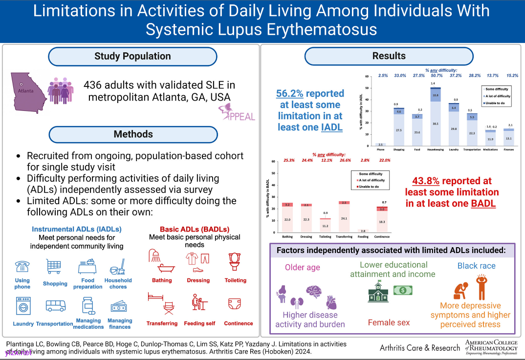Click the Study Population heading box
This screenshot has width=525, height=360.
click(132, 56)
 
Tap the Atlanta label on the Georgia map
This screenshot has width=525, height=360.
click(27, 90)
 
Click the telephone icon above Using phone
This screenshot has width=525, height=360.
click(22, 266)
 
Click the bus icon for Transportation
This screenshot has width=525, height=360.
click(55, 306)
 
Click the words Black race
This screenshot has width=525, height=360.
click(476, 266)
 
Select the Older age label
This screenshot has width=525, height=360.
click(303, 267)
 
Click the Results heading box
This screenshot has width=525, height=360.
click(389, 56)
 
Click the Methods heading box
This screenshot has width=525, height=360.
click(132, 134)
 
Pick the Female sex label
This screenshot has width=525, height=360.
click(389, 322)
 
